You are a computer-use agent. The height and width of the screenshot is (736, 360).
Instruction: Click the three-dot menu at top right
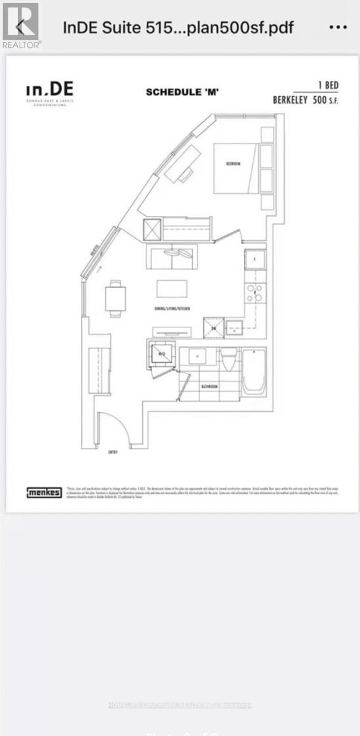coord(338,28)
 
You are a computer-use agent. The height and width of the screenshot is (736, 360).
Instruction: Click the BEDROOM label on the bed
coord(233,164)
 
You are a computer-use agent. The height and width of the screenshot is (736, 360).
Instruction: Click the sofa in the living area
coord(171,256)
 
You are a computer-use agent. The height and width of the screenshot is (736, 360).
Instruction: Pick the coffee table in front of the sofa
coord(172,288)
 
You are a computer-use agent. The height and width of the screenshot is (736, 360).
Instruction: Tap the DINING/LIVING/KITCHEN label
coord(172,309)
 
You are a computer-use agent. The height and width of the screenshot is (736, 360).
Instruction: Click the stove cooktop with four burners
coord(255,293)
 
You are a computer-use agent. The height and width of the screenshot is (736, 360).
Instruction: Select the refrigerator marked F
coord(255,259)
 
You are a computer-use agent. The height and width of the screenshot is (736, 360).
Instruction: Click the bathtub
coord(254,372)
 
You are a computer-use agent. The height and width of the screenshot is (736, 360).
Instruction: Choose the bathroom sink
coord(197,356)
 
